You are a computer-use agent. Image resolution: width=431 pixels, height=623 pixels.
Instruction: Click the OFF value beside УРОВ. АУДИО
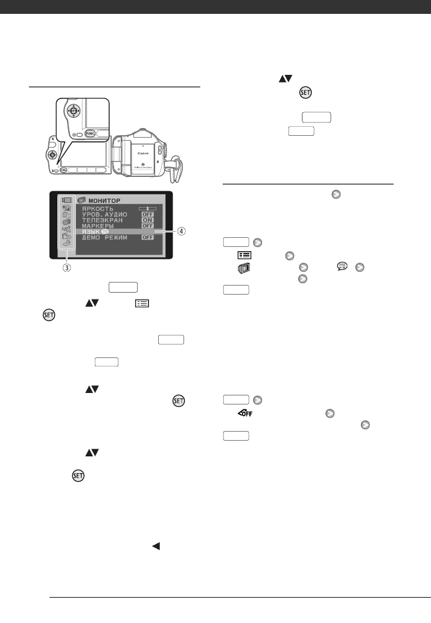click(147, 214)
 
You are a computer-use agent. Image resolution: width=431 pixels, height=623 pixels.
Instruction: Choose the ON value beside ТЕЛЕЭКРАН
click(147, 220)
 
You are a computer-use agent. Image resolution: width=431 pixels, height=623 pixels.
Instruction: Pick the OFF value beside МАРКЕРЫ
click(147, 226)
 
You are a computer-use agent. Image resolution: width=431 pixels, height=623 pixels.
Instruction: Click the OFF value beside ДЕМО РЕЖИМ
click(147, 238)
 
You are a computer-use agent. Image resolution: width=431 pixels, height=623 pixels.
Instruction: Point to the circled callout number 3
click(65, 268)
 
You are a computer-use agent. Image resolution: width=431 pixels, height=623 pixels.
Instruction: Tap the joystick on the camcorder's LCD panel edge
click(53, 155)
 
